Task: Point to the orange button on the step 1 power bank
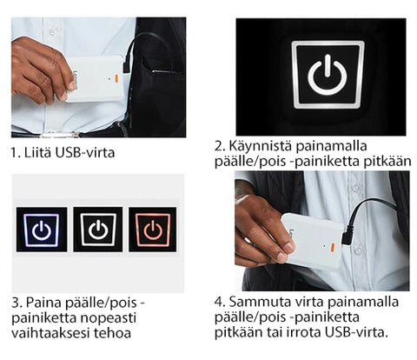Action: (x=116, y=78)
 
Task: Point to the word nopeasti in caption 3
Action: (x=108, y=318)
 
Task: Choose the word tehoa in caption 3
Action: (x=112, y=333)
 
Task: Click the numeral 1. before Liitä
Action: (x=16, y=153)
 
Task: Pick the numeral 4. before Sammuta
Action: (x=220, y=303)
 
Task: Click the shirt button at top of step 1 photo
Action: (x=52, y=31)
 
